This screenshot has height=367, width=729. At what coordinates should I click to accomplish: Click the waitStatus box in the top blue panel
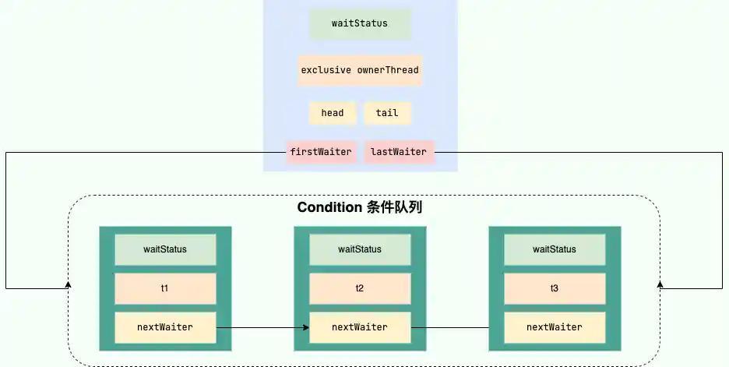pos(360,23)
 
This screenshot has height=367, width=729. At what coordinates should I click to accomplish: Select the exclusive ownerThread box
pos(360,70)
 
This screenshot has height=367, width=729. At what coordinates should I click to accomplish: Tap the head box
pos(333,113)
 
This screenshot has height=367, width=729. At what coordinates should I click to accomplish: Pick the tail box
pos(387,113)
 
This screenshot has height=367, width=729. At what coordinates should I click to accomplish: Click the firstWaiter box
pos(321,151)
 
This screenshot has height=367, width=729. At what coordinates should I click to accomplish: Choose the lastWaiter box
pos(399,151)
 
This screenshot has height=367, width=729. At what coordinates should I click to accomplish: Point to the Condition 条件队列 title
pos(360,208)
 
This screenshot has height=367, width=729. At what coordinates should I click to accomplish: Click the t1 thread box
pos(165,288)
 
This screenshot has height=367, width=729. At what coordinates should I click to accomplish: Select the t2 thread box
pos(360,288)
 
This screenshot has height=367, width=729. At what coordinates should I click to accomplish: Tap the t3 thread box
pos(555,288)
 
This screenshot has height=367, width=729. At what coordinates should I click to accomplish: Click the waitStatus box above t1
pos(165,249)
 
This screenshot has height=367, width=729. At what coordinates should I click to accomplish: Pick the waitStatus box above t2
pos(360,249)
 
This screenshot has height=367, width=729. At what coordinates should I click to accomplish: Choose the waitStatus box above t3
pos(555,249)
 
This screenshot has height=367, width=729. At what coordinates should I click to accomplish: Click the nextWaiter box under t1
pos(165,327)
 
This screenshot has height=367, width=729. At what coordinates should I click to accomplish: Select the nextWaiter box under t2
pos(360,327)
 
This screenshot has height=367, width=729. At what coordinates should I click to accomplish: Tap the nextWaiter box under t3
pos(555,327)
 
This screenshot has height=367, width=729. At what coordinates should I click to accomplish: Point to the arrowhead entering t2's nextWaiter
pos(305,327)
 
